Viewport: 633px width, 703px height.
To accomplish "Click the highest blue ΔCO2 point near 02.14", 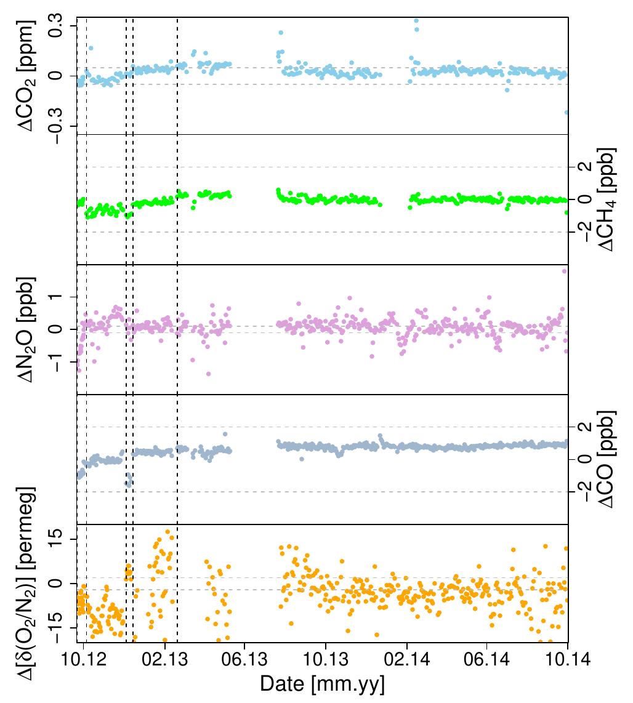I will coord(416,21).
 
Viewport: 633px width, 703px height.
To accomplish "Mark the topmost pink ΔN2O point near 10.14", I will coord(564,271).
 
